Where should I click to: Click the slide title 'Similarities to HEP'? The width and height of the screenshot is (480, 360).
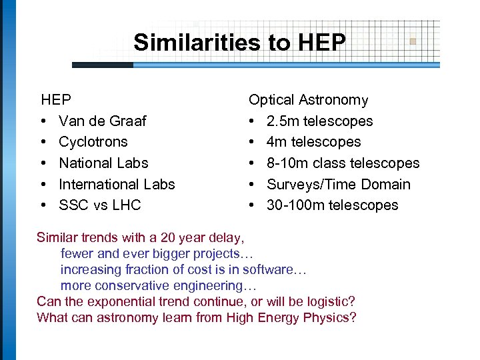(x=239, y=43)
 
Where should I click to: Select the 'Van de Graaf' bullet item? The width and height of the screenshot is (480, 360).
(x=102, y=121)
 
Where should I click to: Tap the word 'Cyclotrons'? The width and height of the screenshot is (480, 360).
(x=93, y=142)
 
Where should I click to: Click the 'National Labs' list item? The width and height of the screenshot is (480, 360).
(x=103, y=163)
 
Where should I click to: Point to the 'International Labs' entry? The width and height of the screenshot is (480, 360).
(x=117, y=184)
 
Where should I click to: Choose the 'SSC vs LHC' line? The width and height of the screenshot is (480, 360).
(x=99, y=205)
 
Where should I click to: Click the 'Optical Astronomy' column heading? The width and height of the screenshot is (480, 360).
(x=308, y=100)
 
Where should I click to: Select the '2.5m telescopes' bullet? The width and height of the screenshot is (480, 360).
(x=319, y=121)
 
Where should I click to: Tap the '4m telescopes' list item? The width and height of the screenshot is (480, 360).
(x=313, y=142)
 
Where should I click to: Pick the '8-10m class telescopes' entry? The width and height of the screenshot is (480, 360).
(x=343, y=163)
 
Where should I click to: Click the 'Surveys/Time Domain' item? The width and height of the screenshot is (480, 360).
(x=338, y=184)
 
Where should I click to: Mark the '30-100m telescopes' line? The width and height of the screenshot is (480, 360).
(x=332, y=205)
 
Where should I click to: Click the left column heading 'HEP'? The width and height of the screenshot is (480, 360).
(x=56, y=100)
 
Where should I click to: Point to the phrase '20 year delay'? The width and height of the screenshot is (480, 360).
(x=206, y=237)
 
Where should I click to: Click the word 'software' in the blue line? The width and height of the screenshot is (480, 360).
(x=267, y=269)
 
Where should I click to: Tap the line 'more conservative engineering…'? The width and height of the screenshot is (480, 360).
(x=158, y=285)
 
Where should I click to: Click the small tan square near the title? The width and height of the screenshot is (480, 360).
(x=413, y=41)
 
